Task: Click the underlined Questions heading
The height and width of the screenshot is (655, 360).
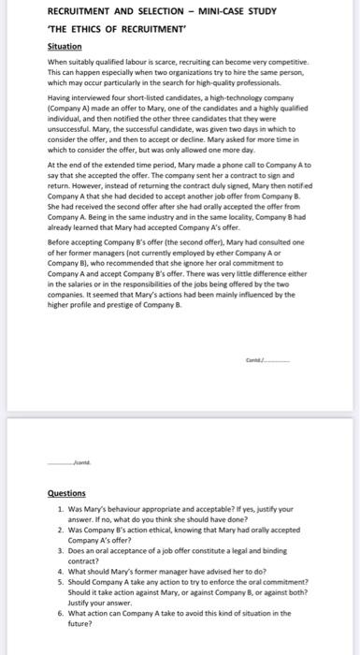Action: click(x=65, y=492)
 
